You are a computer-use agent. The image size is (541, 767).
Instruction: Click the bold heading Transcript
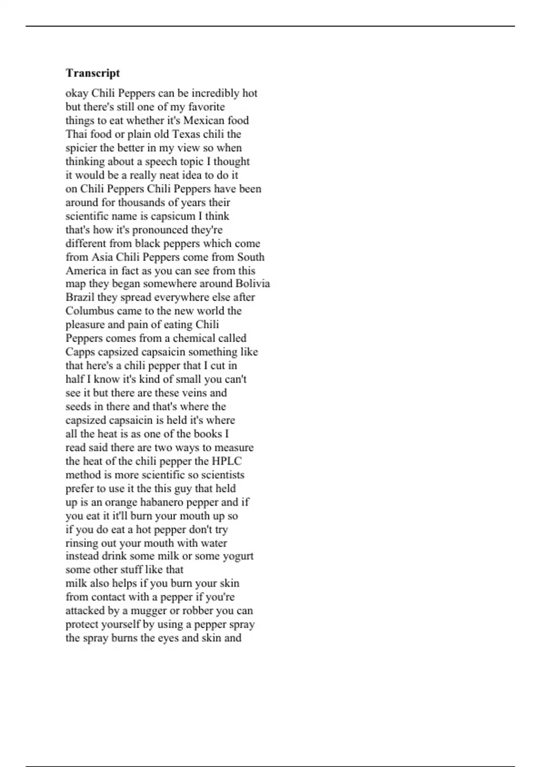click(92, 73)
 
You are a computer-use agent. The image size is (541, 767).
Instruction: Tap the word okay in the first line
click(77, 93)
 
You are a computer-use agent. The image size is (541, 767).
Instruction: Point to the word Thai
click(76, 134)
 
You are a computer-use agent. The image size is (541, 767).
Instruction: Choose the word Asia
click(102, 257)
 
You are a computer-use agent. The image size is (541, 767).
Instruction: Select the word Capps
click(80, 352)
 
